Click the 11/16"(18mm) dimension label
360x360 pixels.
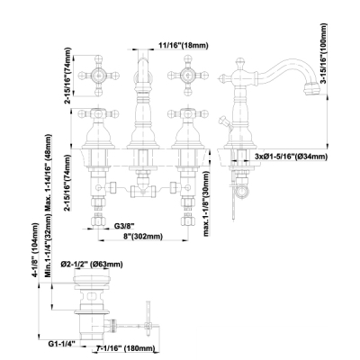pyautogui.click(x=184, y=46)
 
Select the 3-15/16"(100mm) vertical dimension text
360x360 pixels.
pyautogui.click(x=323, y=54)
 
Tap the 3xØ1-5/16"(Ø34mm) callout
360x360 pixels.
pyautogui.click(x=291, y=157)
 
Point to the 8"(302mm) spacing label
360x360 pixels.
pyautogui.click(x=143, y=237)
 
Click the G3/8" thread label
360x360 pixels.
pyautogui.click(x=124, y=226)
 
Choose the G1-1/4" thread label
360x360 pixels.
pyautogui.click(x=62, y=343)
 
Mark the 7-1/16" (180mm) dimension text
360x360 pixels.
pyautogui.click(x=125, y=348)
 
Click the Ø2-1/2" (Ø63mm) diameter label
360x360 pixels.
pyautogui.click(x=92, y=265)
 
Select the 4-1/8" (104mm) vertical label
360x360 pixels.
pyautogui.click(x=36, y=249)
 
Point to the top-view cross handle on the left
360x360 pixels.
pyautogui.click(x=98, y=76)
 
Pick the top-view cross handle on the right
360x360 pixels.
pyautogui.click(x=188, y=76)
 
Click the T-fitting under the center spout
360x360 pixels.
pyautogui.click(x=143, y=190)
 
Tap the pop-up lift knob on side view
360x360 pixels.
pyautogui.click(x=223, y=121)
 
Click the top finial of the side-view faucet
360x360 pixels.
pyautogui.click(x=239, y=63)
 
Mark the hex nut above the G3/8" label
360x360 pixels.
pyautogui.click(x=98, y=221)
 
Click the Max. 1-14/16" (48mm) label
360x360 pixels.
pyautogui.click(x=48, y=173)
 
